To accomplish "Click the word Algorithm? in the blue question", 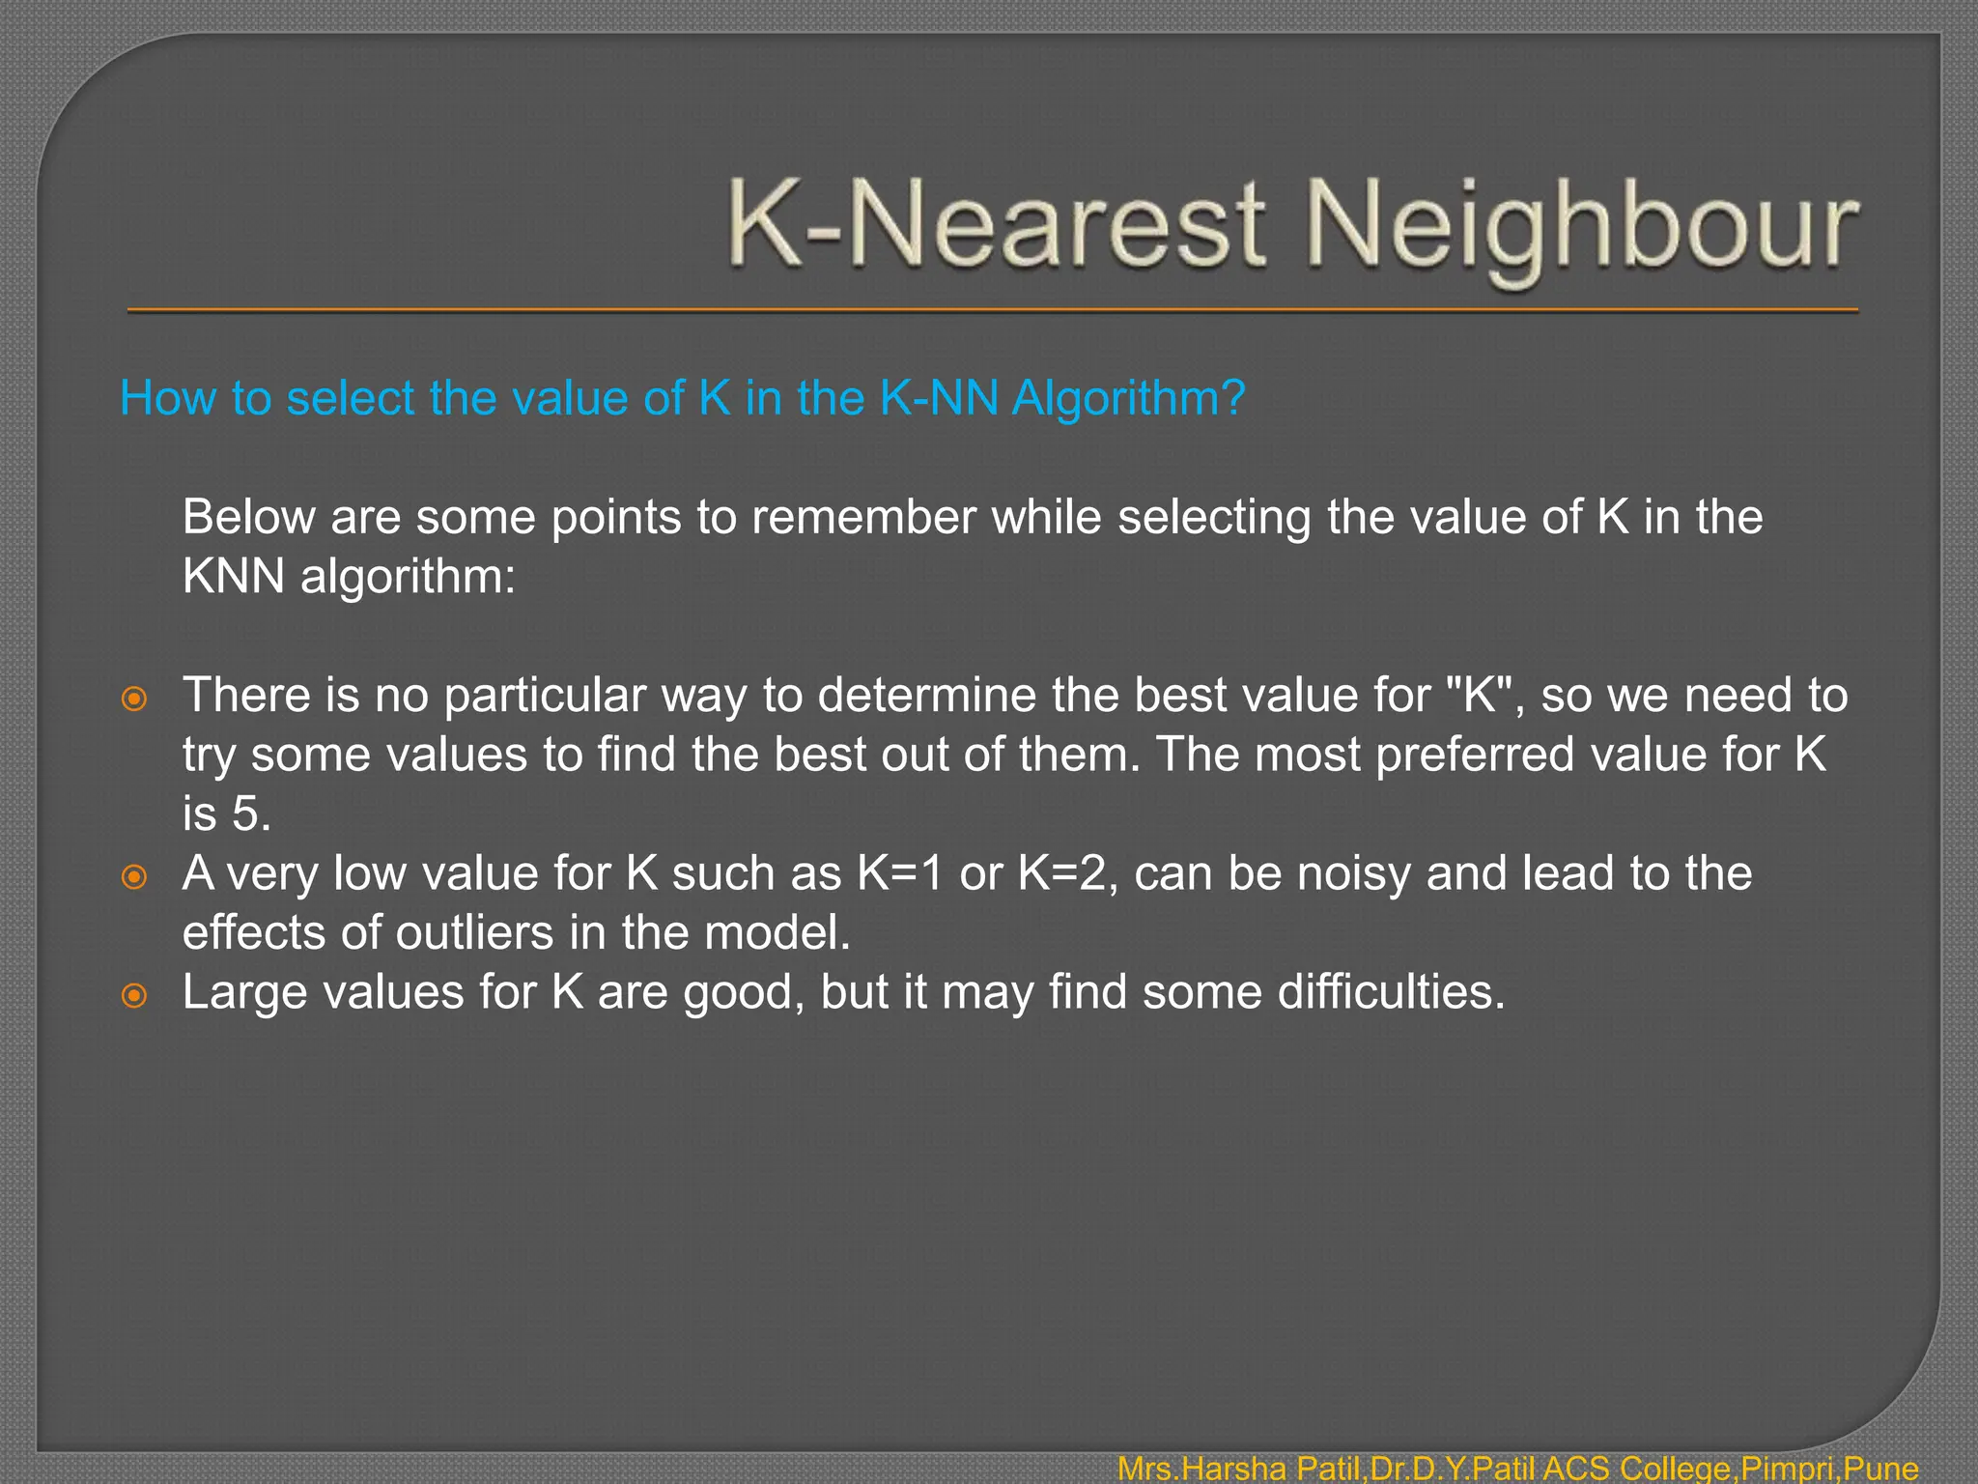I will pyautogui.click(x=1128, y=398).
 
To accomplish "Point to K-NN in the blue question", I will pyautogui.click(x=938, y=398).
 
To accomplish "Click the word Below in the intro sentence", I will pyautogui.click(x=248, y=517).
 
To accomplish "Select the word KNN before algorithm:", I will pyautogui.click(x=233, y=577).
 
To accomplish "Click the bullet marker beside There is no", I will pyautogui.click(x=134, y=698).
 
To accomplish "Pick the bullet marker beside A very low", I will pyautogui.click(x=134, y=876).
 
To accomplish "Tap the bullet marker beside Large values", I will pyautogui.click(x=134, y=995).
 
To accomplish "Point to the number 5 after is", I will pyautogui.click(x=251, y=814).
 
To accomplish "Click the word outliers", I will pyautogui.click(x=474, y=933).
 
